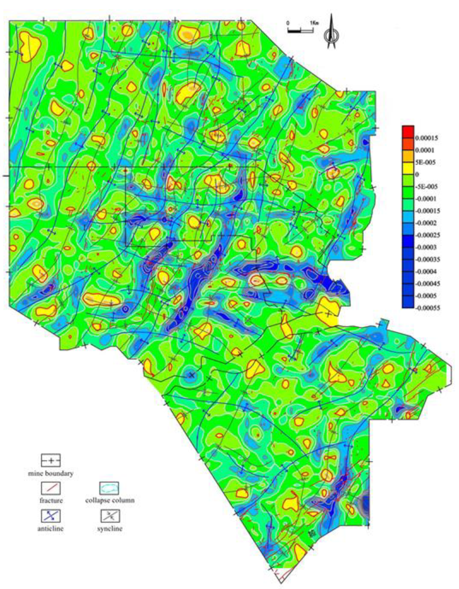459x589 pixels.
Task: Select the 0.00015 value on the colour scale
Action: pos(426,138)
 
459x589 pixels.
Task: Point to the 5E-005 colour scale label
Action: pos(425,162)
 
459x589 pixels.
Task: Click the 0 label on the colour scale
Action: pos(417,174)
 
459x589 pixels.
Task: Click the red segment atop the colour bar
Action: pos(408,130)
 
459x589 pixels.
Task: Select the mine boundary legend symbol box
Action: pos(50,460)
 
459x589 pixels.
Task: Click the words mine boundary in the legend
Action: pos(50,473)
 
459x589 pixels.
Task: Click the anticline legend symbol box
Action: pos(50,516)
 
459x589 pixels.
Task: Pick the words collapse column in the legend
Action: pos(110,500)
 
